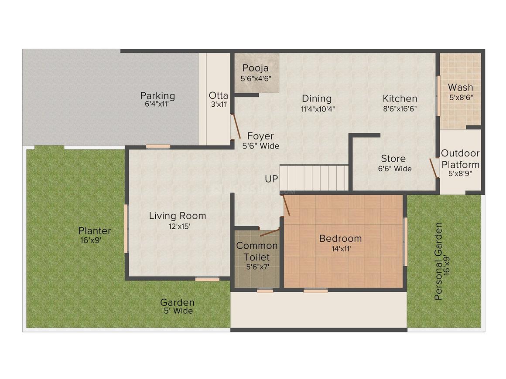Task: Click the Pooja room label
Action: click(256, 68)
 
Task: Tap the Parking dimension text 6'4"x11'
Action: click(157, 105)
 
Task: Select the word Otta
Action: click(218, 95)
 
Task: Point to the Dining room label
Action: click(317, 99)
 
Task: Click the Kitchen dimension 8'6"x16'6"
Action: click(400, 109)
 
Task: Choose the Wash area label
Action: click(460, 87)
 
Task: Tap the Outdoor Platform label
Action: click(460, 159)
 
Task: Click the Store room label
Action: click(393, 159)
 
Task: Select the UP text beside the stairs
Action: click(271, 179)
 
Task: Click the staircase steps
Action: click(314, 178)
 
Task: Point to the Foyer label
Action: click(260, 136)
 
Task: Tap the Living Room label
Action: click(178, 216)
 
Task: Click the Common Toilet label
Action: click(257, 251)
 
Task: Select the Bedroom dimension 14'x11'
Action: click(341, 249)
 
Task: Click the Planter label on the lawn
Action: click(95, 231)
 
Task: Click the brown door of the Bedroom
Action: click(286, 205)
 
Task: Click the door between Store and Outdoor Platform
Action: click(434, 168)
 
